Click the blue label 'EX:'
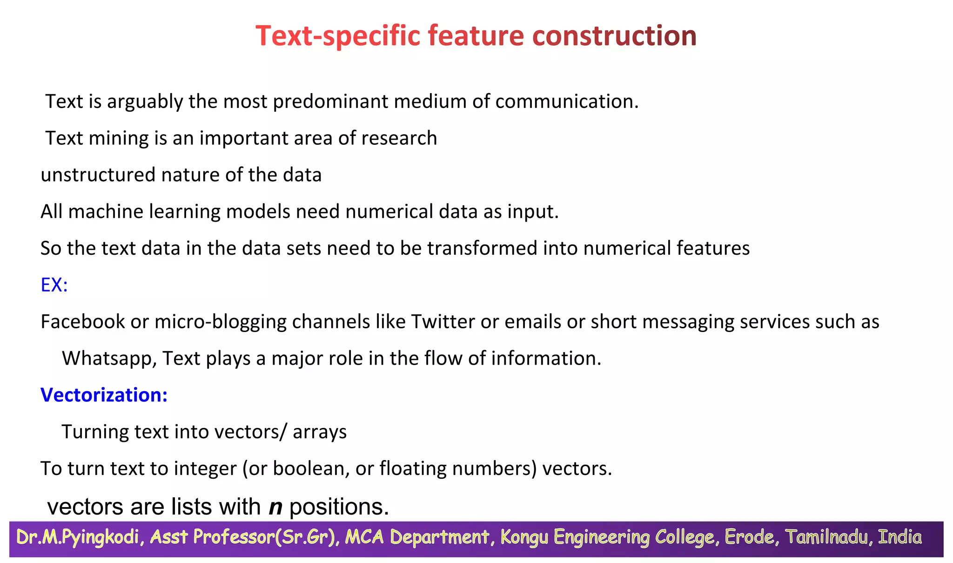tap(54, 285)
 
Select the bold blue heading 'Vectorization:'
tap(104, 395)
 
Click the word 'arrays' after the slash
tap(320, 432)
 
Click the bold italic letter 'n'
tap(275, 507)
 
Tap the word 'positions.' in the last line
tap(339, 507)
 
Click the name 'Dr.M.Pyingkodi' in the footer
tap(78, 537)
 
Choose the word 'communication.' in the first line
tap(567, 102)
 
